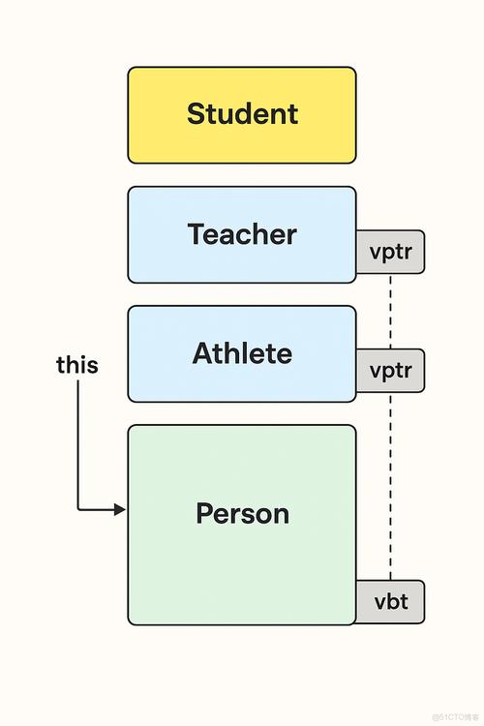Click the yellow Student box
(x=242, y=114)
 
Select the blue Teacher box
(x=242, y=234)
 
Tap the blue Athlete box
(x=242, y=353)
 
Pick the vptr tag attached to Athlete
(x=390, y=371)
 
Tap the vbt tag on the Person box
(x=390, y=603)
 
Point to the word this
(x=77, y=366)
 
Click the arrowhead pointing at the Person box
(x=120, y=509)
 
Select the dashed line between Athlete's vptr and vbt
(x=390, y=484)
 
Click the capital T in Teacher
(x=197, y=234)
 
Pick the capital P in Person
(x=204, y=513)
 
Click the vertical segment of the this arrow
(x=77, y=445)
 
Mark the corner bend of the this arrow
(x=78, y=509)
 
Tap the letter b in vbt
(x=391, y=602)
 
